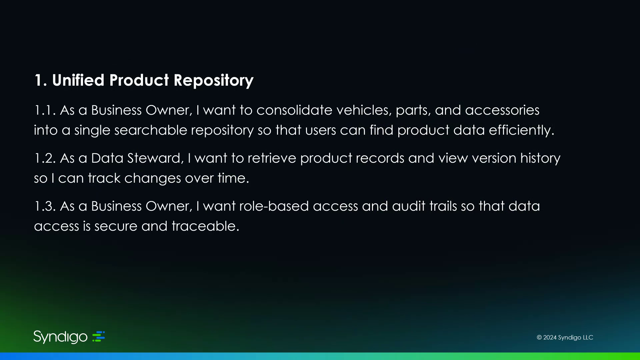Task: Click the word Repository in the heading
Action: tap(213, 81)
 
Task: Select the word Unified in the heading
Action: tap(78, 80)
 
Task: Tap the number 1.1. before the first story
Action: tap(45, 110)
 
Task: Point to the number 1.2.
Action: tap(45, 158)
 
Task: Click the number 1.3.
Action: tap(45, 206)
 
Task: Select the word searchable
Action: tap(151, 130)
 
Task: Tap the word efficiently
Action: tap(522, 130)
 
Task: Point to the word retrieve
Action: tap(272, 158)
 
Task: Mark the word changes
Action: tap(153, 178)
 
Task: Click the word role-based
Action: tap(274, 206)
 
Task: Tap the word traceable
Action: tap(205, 226)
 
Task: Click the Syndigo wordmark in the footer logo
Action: tap(60, 337)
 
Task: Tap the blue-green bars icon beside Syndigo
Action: tap(99, 336)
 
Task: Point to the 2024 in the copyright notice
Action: tap(550, 337)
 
